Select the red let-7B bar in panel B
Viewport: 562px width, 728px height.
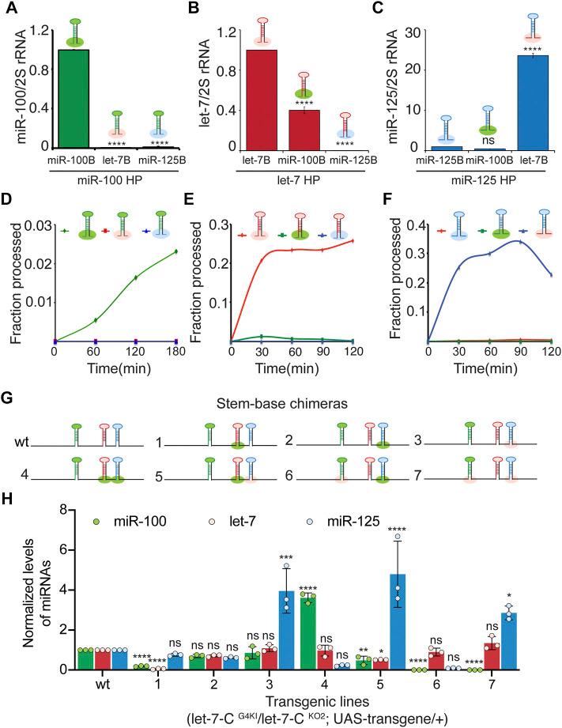point(261,99)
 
